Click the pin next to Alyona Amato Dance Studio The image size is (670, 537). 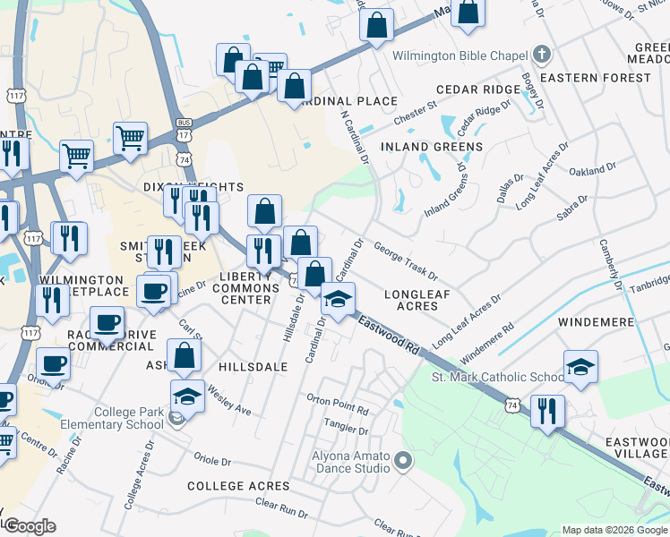tap(403, 462)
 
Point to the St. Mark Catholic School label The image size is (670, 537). tap(497, 378)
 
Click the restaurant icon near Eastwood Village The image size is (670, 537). tap(546, 411)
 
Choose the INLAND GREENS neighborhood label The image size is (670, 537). tap(432, 146)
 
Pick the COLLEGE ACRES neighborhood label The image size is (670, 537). tap(238, 486)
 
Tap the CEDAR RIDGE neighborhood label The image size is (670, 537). tap(478, 89)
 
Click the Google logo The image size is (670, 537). tap(29, 526)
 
